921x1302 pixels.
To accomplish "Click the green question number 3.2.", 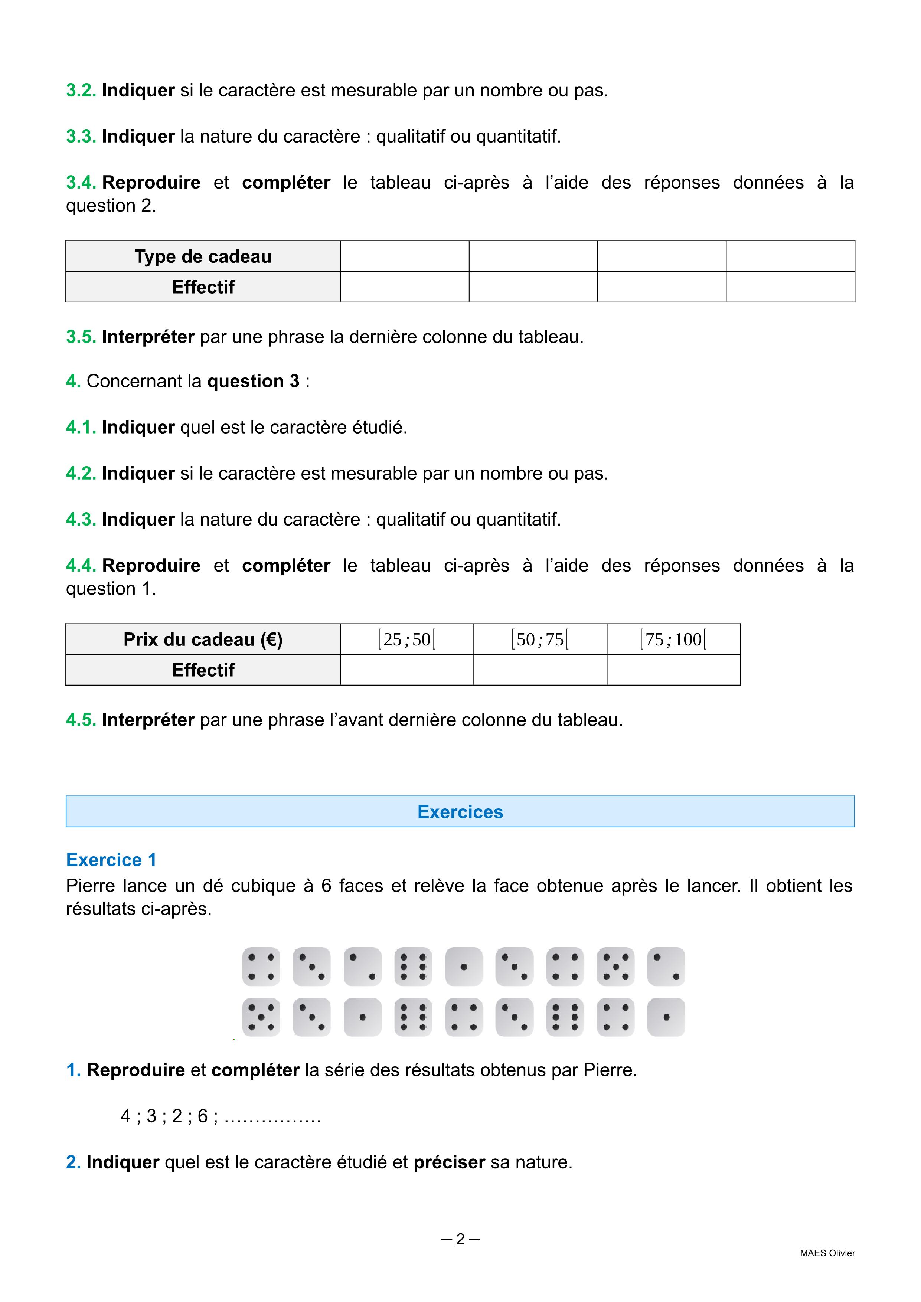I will pyautogui.click(x=81, y=91).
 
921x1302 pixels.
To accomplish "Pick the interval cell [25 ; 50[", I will pyautogui.click(x=406, y=639).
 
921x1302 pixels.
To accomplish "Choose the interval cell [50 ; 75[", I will pyautogui.click(x=540, y=639).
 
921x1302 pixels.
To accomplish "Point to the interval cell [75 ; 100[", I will pyautogui.click(x=673, y=639).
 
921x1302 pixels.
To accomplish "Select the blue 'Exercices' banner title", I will pyautogui.click(x=460, y=812).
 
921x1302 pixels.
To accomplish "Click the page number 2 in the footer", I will pyautogui.click(x=460, y=1239).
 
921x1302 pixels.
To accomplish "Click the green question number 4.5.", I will pyautogui.click(x=81, y=720).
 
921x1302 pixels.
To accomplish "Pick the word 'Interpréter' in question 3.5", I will pyautogui.click(x=148, y=337).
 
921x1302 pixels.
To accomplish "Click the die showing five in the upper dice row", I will pyautogui.click(x=615, y=966).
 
